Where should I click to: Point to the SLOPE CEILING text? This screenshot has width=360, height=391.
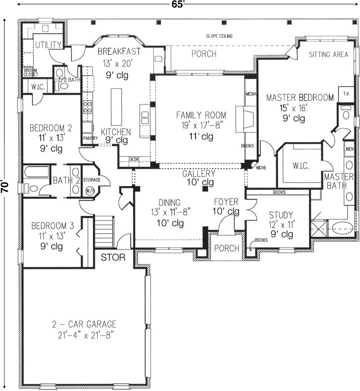pos(219,36)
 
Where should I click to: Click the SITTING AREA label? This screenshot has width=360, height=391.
pos(328,55)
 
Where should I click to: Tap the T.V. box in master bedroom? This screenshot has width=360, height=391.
pos(344,92)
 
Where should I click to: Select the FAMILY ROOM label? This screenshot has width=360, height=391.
pos(201,115)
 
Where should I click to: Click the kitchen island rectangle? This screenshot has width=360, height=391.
pos(116,106)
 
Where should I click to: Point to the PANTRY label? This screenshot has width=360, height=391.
pos(90,138)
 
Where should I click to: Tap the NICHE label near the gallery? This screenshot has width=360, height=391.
pos(262,168)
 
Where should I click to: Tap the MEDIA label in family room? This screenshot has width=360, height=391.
pos(250,93)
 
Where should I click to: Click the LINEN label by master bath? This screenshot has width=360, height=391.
pos(349,148)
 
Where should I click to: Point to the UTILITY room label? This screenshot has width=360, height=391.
pos(48,45)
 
